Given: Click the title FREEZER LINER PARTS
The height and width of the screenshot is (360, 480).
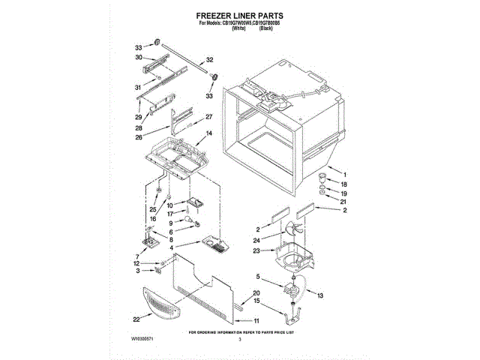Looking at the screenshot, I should coord(240,15).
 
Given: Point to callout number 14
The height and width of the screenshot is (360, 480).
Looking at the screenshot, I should coord(209,133).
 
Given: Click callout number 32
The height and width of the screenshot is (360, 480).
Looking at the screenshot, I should coord(210,59).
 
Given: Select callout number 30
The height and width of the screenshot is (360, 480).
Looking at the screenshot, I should coord(139,58).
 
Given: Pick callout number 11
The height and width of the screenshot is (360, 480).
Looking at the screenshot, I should coord(258,322).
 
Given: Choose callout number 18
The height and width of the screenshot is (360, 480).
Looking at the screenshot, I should coord(345,183).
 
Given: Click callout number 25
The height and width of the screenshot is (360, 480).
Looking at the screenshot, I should coord(152,208).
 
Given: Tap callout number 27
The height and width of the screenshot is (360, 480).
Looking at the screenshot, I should coord(209,117).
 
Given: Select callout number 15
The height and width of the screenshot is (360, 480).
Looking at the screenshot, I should coord(257,301).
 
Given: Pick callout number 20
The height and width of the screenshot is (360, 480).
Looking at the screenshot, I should coord(256,292).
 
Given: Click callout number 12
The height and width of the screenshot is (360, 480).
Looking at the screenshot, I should coord(136,263).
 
